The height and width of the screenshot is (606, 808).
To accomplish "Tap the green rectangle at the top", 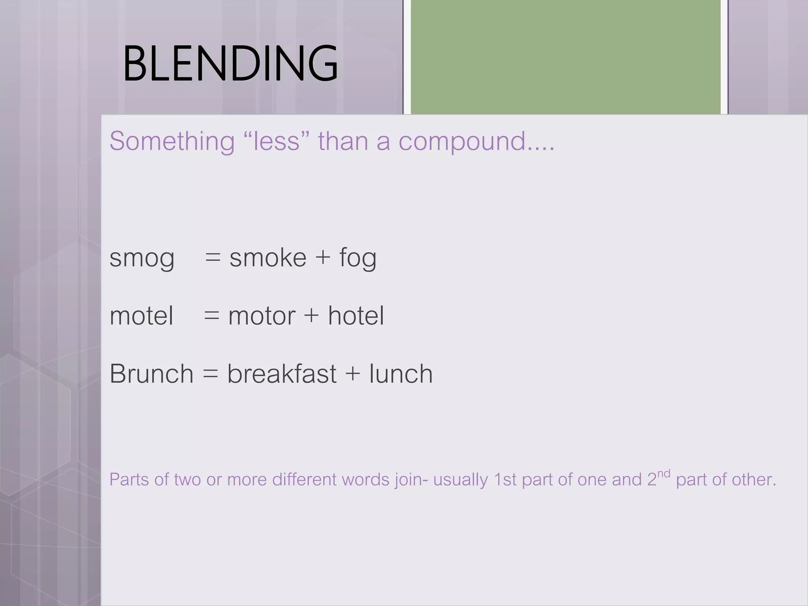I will (566, 57).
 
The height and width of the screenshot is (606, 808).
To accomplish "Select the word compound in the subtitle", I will (462, 142).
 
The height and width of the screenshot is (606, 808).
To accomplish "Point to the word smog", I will (142, 259).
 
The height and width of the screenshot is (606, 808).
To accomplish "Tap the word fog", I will (358, 258).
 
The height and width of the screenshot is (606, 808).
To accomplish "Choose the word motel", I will (141, 316).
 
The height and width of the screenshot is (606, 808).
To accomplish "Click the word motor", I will (262, 316).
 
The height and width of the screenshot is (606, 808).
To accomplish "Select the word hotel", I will (356, 316).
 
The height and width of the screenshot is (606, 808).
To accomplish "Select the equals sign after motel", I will (212, 316).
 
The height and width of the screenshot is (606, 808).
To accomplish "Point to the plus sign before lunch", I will (353, 374).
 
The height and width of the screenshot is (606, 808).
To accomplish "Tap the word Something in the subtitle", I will (172, 141).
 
